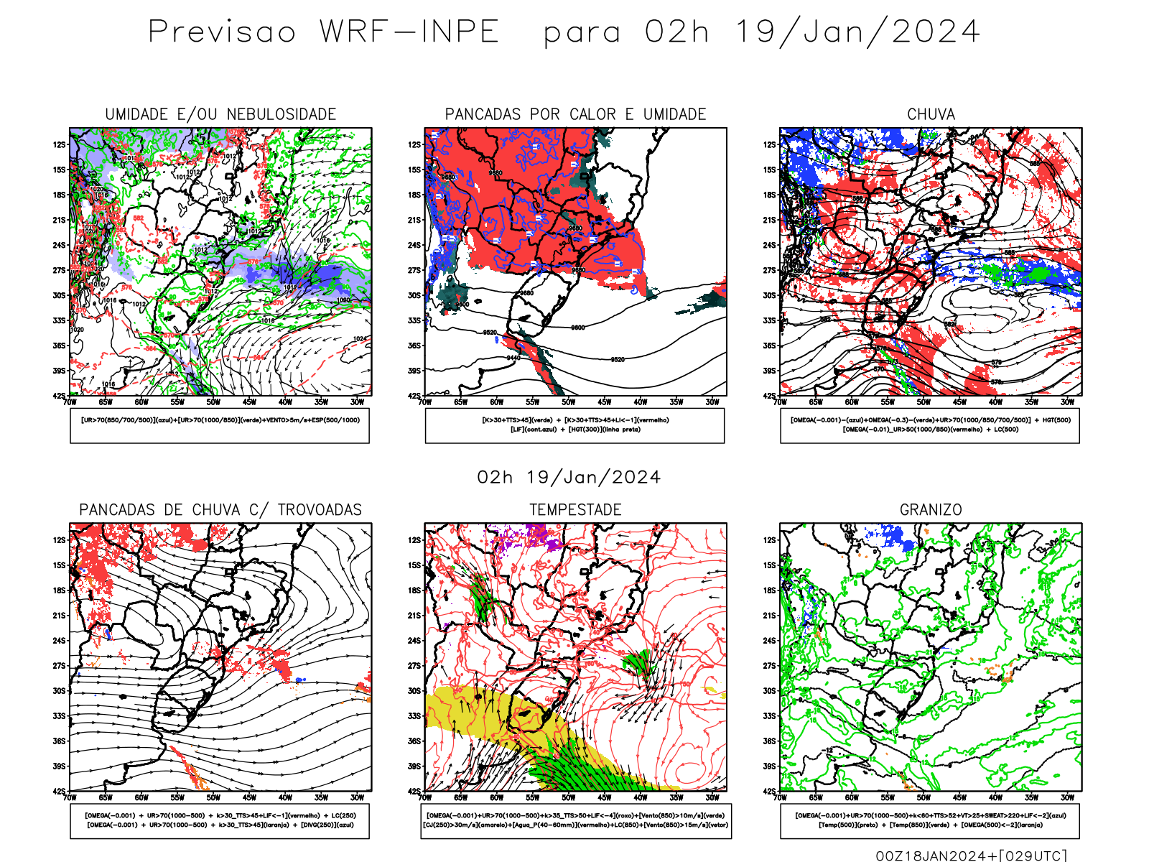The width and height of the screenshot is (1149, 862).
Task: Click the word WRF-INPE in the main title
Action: click(409, 32)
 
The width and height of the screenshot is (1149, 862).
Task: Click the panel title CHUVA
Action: click(931, 114)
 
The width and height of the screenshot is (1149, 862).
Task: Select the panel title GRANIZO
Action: click(931, 509)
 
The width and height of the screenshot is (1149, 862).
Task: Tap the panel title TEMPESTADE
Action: click(575, 509)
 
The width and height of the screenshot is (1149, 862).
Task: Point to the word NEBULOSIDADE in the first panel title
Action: click(282, 114)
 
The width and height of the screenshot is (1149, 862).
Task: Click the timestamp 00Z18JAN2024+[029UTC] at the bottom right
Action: click(971, 855)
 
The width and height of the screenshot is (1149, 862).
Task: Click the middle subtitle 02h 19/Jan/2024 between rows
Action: click(569, 477)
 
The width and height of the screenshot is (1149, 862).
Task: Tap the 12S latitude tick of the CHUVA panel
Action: click(770, 144)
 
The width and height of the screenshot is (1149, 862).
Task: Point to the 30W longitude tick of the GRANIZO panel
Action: click(1068, 797)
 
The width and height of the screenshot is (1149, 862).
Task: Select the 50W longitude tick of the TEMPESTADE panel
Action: click(569, 797)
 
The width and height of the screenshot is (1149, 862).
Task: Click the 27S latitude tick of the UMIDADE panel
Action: click(59, 270)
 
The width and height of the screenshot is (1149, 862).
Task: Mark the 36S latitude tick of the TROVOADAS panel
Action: click(59, 741)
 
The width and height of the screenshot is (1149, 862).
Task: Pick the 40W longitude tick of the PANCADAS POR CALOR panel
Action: click(641, 402)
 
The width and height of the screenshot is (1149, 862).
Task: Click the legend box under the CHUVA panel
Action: click(930, 425)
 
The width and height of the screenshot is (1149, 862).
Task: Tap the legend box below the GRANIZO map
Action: click(930, 820)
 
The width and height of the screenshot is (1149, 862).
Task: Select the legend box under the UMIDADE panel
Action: click(220, 425)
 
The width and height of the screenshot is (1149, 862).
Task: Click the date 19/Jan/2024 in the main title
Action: click(857, 32)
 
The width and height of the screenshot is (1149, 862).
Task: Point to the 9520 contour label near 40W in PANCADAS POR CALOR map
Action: click(618, 359)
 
